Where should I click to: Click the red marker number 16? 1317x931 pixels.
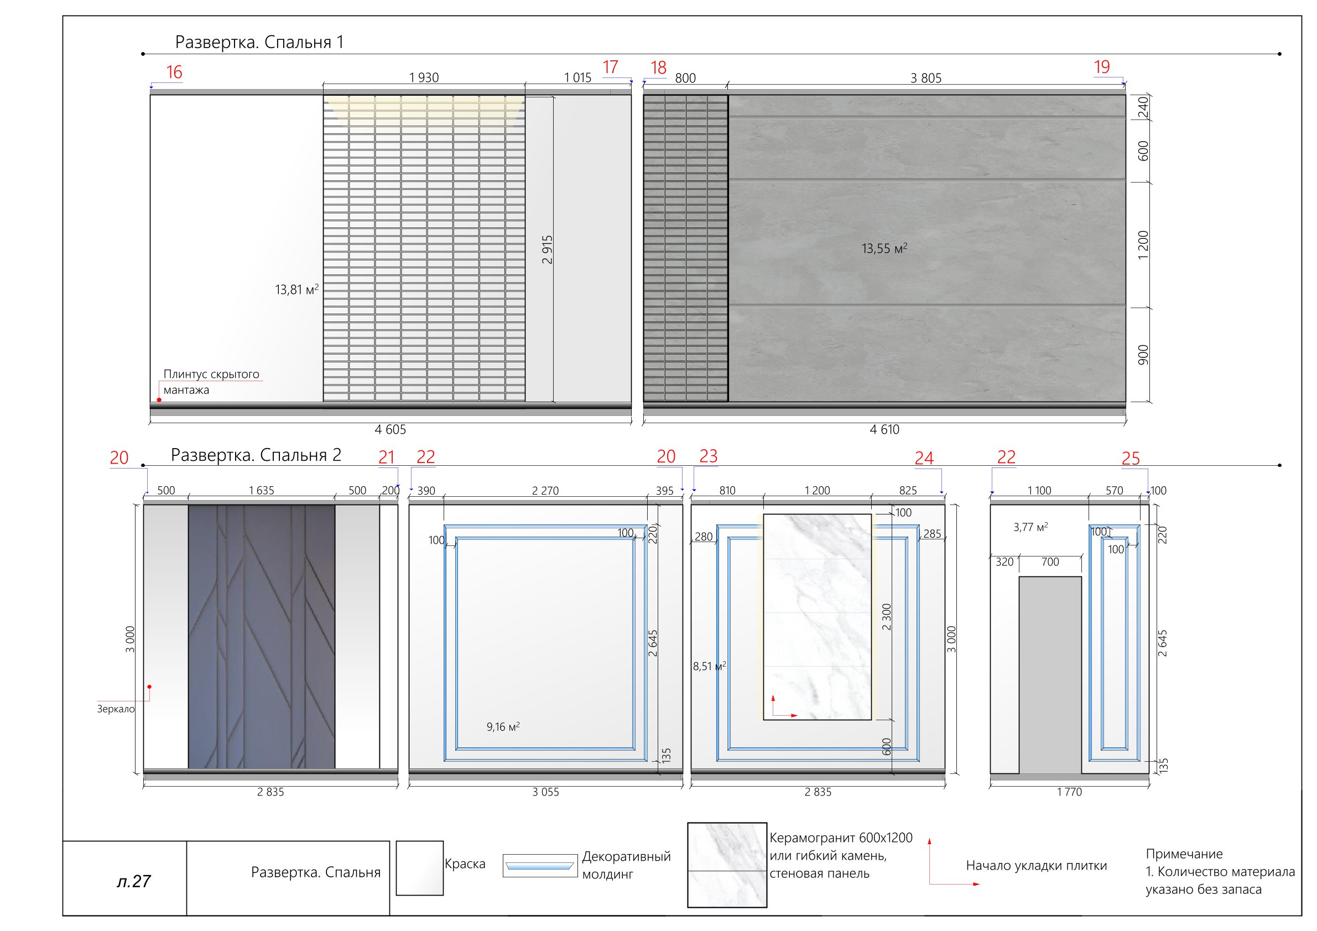[174, 72]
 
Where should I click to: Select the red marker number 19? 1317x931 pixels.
[1101, 67]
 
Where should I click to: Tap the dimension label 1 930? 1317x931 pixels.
[424, 77]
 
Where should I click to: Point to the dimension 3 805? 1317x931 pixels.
[926, 78]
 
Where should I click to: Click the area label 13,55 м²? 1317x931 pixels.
[884, 248]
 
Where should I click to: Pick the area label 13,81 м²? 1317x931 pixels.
[296, 289]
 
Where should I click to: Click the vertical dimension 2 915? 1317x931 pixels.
[547, 249]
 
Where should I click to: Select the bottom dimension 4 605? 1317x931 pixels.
[390, 429]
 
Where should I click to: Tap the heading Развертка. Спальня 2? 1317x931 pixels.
[256, 455]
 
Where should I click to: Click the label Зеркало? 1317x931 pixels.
[116, 709]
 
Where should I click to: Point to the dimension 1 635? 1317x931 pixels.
[262, 491]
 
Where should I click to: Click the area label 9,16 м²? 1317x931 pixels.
[503, 727]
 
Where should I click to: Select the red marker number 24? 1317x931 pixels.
[924, 458]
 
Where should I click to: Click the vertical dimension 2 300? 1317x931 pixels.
[887, 617]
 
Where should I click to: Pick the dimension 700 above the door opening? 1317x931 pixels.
[1050, 562]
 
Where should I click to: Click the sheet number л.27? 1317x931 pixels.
[134, 881]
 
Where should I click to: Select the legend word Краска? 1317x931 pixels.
[465, 864]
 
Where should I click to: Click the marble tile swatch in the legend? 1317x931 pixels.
[727, 865]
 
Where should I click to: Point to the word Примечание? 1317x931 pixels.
[1184, 854]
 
